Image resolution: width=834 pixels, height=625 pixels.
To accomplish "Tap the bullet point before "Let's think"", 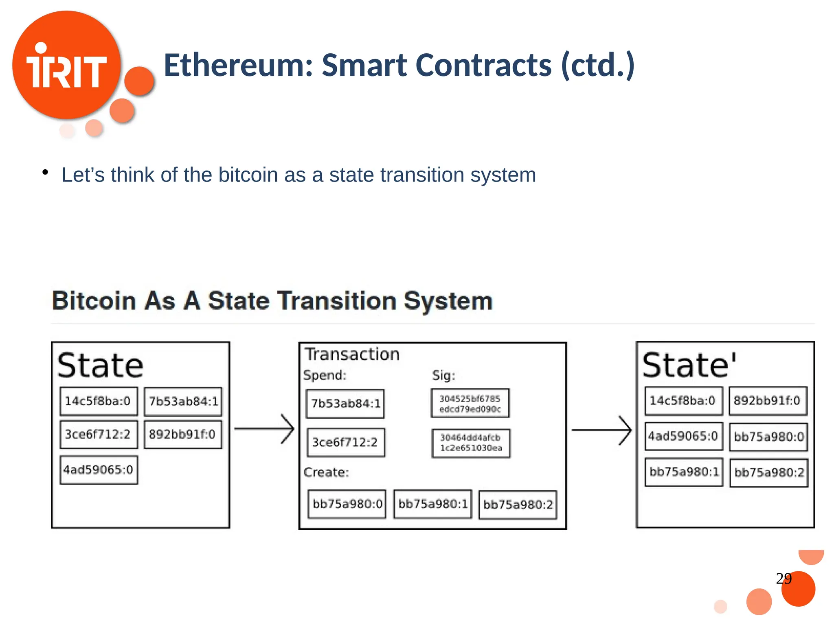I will pos(45,173).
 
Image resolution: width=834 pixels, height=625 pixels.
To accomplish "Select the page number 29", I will pos(784,578).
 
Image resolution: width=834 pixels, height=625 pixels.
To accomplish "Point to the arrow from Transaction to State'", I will pos(601,430).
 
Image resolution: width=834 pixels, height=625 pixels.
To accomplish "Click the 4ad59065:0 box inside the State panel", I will pos(99,470).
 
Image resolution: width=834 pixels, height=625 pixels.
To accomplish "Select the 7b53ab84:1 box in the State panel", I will pos(183,401).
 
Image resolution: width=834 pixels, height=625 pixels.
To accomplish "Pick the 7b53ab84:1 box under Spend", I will pos(345,403).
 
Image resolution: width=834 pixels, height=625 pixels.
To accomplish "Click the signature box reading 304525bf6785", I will pos(470,403).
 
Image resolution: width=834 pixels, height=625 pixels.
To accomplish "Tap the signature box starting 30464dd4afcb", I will pos(471,443).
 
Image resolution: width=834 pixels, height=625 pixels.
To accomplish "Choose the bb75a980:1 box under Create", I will pos(432,504).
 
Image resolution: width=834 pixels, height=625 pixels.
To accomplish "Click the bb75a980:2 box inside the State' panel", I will pos(768,472).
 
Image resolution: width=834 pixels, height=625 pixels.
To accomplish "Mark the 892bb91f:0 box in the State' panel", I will pos(768,401).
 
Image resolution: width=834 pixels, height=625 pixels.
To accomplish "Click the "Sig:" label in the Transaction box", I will pos(443,375).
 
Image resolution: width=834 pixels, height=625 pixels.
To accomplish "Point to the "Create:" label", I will pos(326,472).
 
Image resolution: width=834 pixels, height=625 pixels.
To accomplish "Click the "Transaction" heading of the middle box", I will pos(352,354).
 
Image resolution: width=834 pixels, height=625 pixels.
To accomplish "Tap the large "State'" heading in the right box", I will pos(689,365).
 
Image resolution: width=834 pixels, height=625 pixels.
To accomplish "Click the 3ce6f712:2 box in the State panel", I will pos(99,434).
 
